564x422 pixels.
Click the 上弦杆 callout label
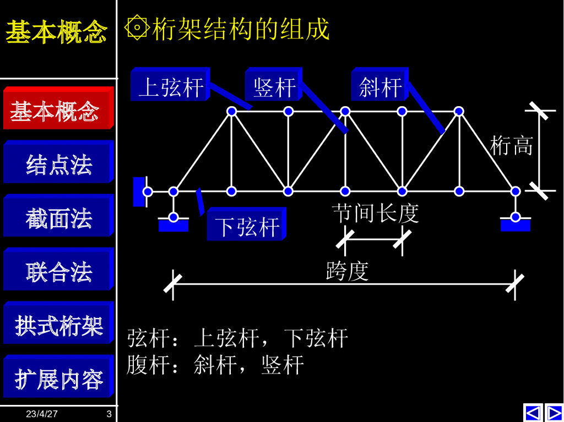170,85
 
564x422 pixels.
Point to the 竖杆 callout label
273,85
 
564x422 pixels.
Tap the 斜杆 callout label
379,85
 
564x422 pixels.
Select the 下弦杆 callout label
246,225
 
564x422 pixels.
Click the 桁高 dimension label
512,145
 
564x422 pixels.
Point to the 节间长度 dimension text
375,213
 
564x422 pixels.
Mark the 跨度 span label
347,271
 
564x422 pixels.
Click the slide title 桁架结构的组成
241,29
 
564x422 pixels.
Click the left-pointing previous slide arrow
533,412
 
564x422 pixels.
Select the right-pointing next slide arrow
554,412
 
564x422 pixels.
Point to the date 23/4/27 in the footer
42,414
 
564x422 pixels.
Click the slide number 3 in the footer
109,414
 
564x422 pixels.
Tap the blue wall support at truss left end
139,191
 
